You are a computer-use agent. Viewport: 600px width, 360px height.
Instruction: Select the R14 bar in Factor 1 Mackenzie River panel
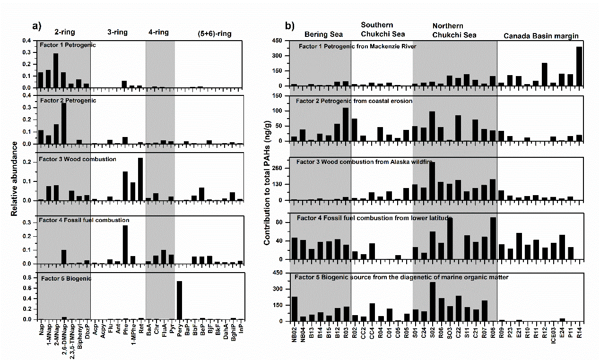coord(579,66)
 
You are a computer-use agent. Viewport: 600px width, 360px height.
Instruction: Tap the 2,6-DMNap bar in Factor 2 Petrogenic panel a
coord(63,123)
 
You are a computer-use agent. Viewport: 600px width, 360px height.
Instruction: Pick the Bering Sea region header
coord(324,34)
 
